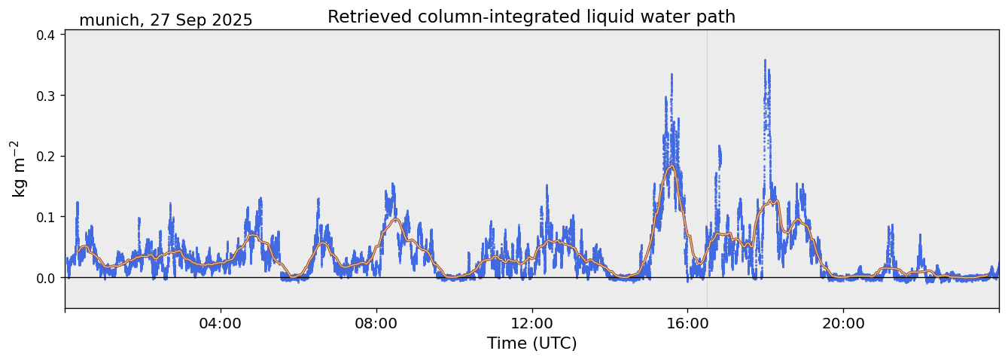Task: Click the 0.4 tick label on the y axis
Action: [47, 35]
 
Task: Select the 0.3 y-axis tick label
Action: [47, 96]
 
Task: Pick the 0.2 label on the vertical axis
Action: [47, 157]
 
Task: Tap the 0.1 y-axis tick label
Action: [47, 217]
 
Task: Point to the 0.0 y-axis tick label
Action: [47, 278]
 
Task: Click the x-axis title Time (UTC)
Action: [531, 343]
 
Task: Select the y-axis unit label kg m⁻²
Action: [18, 169]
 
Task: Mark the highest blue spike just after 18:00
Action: [765, 61]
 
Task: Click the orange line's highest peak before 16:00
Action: [671, 166]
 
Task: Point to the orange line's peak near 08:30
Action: [394, 219]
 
